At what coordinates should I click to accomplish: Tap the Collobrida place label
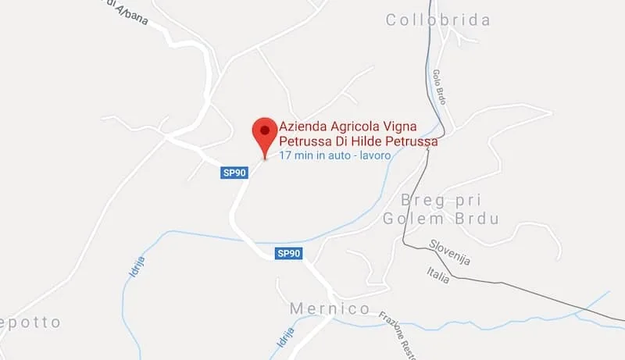(x=438, y=20)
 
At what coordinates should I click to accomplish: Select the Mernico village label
(x=330, y=308)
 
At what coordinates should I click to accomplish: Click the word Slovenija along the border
(x=449, y=251)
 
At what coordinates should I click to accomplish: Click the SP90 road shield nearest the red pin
(x=231, y=173)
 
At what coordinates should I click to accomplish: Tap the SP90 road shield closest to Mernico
(x=289, y=253)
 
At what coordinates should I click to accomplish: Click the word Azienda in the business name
(x=302, y=127)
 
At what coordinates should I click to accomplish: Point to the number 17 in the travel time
(x=285, y=156)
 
